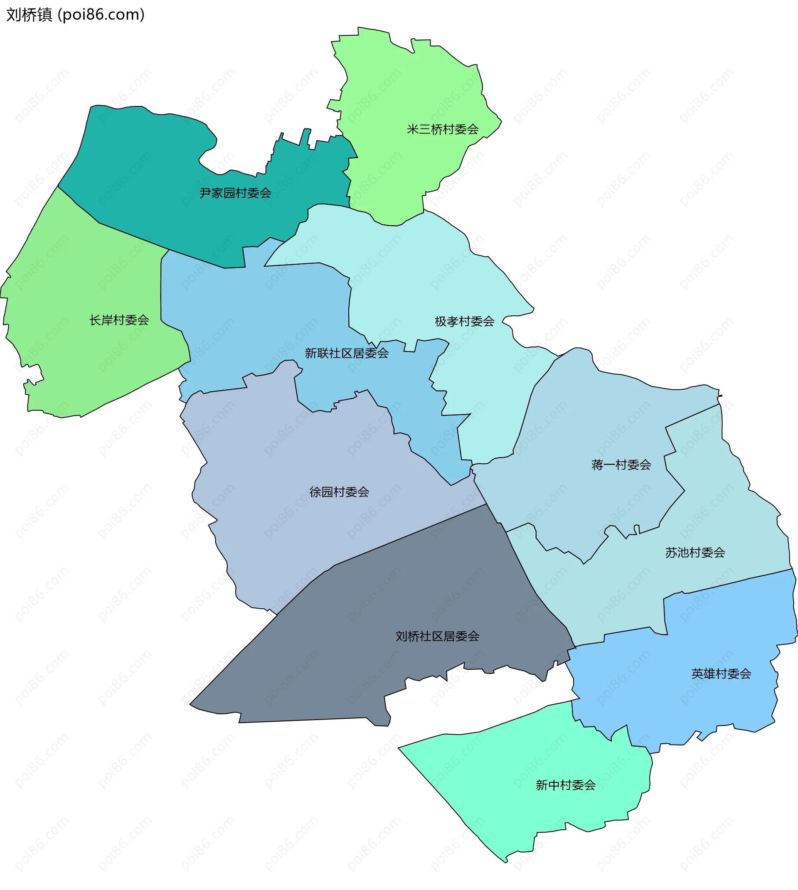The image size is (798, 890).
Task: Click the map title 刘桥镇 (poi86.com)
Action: [x=75, y=15]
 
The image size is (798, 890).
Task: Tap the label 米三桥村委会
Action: [x=442, y=129]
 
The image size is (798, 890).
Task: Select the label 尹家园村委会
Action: [x=236, y=193]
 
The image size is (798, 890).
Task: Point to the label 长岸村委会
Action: [x=119, y=320]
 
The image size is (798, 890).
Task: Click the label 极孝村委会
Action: [x=464, y=321]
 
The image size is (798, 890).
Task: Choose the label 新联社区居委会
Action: [x=347, y=353]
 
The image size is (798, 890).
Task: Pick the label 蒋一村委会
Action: [x=621, y=465]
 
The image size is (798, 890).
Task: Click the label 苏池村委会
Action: [x=695, y=553]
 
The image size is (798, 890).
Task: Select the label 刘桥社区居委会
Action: [x=437, y=636]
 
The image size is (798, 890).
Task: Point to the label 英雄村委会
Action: [x=721, y=674]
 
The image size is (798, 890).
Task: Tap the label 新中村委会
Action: [x=566, y=785]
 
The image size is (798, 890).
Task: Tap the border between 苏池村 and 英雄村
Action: [x=728, y=586]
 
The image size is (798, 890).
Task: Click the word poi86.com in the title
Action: [x=103, y=15]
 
